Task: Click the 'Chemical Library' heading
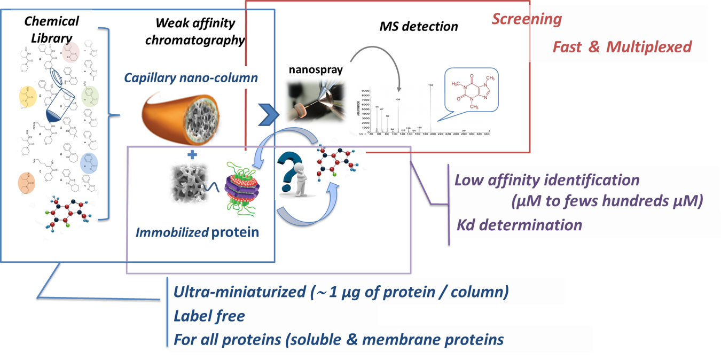point(52,29)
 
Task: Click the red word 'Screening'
point(527,19)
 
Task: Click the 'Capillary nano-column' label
point(191,78)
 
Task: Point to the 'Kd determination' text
point(519,224)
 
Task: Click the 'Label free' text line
point(209,316)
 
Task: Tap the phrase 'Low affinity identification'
point(547,179)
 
